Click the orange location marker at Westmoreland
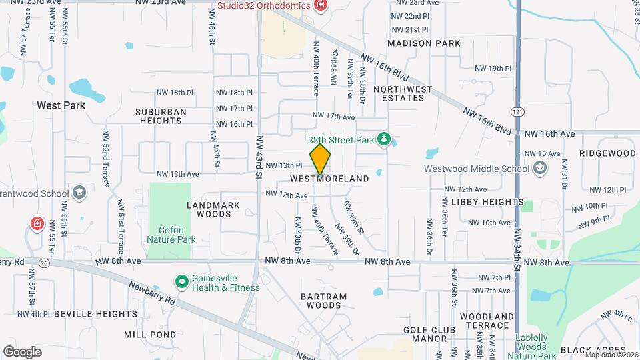pos(320,160)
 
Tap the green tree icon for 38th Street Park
pos(383,139)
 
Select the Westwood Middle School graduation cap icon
pos(539,169)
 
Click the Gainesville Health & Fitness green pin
pos(181,282)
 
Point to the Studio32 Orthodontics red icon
pos(321,6)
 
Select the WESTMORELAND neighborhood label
pos(329,179)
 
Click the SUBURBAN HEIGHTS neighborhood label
pos(158,116)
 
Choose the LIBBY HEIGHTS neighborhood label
pos(487,201)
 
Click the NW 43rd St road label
pos(259,157)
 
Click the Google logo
pos(22,351)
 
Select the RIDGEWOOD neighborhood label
pos(607,153)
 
